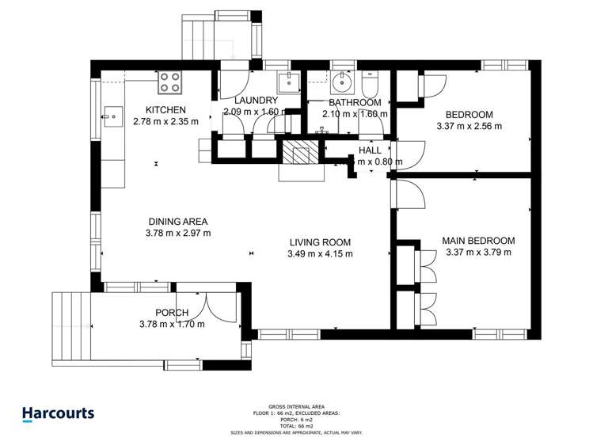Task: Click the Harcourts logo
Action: tap(58, 413)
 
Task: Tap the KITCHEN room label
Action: tap(165, 110)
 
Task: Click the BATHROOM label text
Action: tap(355, 103)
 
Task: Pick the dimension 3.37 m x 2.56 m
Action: tap(469, 126)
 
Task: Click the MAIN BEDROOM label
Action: tap(478, 242)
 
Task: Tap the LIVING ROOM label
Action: tap(319, 242)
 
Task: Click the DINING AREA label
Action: tap(178, 222)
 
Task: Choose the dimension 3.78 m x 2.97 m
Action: tap(178, 234)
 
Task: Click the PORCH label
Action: tap(172, 312)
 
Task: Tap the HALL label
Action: tap(370, 150)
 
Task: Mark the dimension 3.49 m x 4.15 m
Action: tap(319, 254)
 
